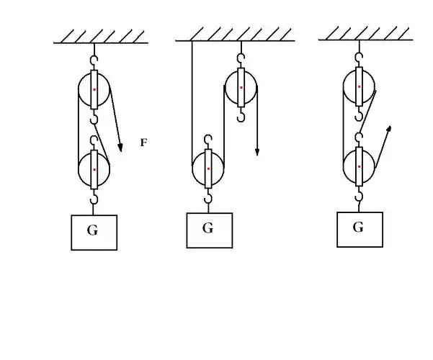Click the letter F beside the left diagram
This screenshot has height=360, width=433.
click(x=143, y=143)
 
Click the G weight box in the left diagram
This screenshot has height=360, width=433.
click(x=94, y=231)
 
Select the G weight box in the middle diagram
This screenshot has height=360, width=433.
click(x=209, y=230)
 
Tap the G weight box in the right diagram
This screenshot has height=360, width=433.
click(x=360, y=228)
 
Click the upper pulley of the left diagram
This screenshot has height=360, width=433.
click(x=94, y=89)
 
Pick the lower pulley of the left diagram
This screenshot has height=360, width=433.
click(x=94, y=170)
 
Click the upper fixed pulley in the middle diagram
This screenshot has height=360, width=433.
click(x=241, y=88)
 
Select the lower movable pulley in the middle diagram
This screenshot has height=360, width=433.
click(x=208, y=168)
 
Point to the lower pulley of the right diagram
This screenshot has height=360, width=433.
click(x=359, y=166)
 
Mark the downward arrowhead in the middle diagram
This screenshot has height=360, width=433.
click(x=257, y=152)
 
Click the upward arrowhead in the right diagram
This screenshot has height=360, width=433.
click(x=390, y=129)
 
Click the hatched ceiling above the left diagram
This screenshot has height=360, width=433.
click(x=100, y=36)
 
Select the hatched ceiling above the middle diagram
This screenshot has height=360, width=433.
click(x=234, y=34)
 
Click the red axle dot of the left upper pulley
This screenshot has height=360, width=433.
click(x=94, y=89)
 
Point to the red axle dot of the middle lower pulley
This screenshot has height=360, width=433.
click(x=208, y=168)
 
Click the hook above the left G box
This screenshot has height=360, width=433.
click(x=94, y=198)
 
